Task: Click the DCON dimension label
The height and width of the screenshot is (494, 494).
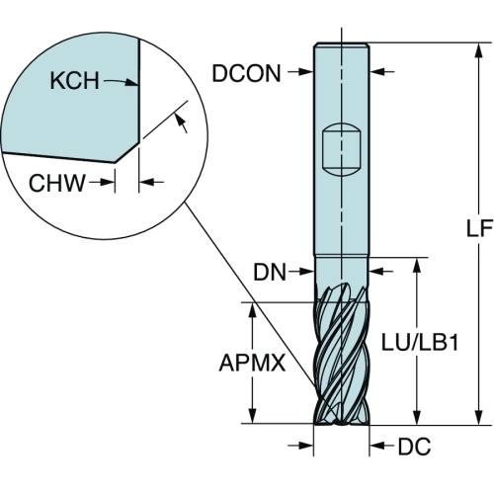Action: (246, 73)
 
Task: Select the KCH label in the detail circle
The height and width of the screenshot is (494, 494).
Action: (74, 80)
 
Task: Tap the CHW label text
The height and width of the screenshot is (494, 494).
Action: (57, 183)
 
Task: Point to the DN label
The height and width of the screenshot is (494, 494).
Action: (270, 273)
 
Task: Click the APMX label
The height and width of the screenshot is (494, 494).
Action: (252, 363)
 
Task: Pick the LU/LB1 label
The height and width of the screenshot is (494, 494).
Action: (420, 343)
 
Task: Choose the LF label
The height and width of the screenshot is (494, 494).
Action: (479, 228)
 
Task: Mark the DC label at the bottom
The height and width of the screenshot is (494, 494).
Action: (414, 447)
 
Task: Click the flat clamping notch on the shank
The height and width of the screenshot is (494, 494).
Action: (341, 150)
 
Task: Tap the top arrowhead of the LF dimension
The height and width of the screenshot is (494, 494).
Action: (479, 51)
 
